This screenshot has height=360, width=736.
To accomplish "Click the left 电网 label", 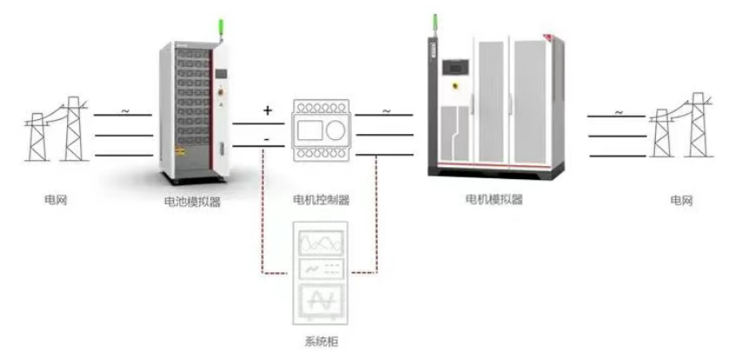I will [x=56, y=200].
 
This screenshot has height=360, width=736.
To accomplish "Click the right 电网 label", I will [x=680, y=200].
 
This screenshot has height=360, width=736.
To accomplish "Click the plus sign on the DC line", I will [x=267, y=110].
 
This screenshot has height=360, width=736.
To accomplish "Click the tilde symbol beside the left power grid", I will [x=124, y=110].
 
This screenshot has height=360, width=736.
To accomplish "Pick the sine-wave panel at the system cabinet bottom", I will [x=322, y=301].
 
